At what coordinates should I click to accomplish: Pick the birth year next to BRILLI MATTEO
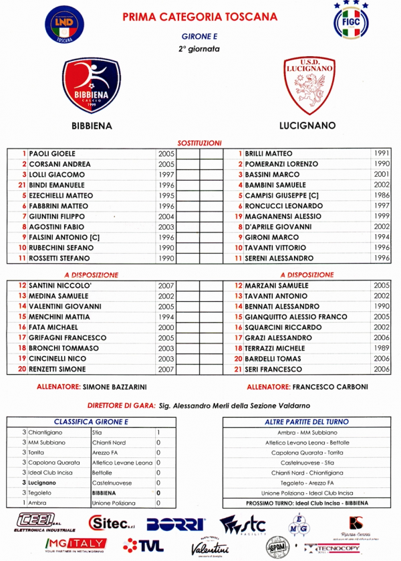(x=382, y=154)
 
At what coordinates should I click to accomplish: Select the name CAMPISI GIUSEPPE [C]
(x=282, y=195)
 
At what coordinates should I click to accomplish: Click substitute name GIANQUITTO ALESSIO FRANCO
(x=296, y=317)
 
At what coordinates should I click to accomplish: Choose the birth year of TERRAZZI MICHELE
(x=382, y=349)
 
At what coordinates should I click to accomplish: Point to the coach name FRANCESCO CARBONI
(x=327, y=387)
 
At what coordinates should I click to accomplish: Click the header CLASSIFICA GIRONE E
(x=91, y=422)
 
